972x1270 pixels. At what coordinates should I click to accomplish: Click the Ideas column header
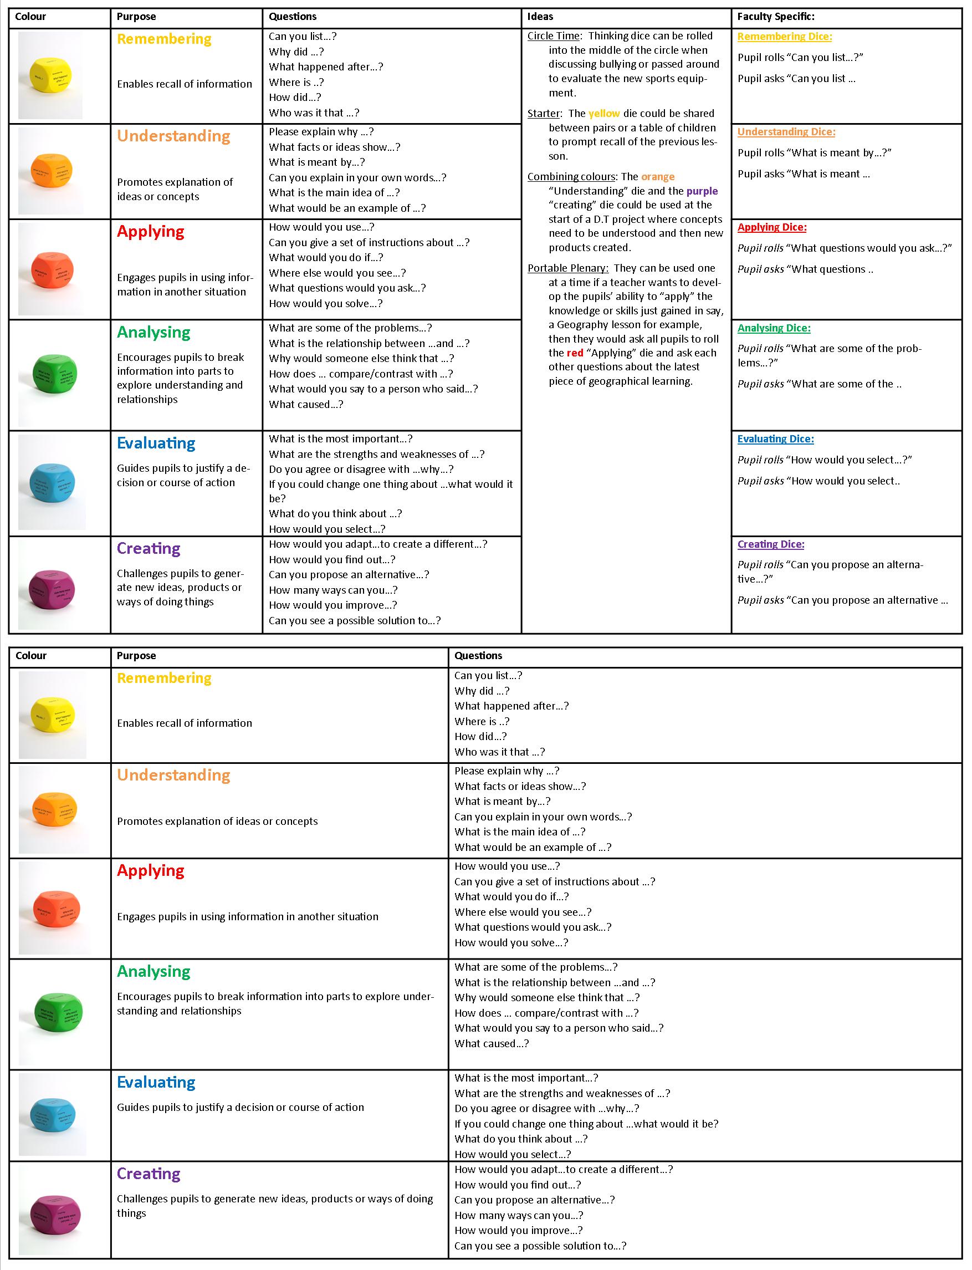tap(540, 17)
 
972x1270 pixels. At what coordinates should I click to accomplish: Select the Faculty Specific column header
tap(775, 17)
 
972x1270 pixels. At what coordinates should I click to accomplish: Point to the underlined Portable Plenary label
tap(567, 268)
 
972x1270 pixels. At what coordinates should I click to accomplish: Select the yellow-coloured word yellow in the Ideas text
tap(604, 114)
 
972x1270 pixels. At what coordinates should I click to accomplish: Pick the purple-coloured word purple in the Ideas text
tap(702, 191)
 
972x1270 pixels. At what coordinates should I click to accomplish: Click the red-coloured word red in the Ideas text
tap(575, 353)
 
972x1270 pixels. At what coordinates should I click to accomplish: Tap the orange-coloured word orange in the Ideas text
tap(658, 176)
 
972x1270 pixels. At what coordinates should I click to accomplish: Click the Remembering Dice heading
tap(785, 37)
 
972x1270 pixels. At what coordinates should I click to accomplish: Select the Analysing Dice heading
tap(774, 328)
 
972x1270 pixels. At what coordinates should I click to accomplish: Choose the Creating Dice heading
tap(771, 544)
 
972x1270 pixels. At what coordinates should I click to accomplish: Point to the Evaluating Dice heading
tap(775, 439)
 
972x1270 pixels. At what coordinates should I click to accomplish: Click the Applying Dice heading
tap(772, 227)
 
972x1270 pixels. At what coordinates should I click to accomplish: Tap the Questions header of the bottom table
tap(478, 656)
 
